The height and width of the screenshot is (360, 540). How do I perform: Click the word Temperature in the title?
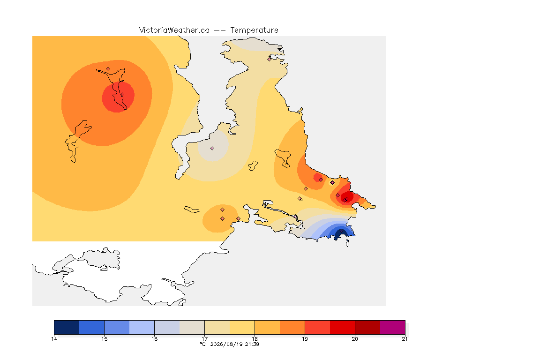pyautogui.click(x=254, y=30)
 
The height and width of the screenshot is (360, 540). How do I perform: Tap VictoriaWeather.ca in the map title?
pyautogui.click(x=174, y=30)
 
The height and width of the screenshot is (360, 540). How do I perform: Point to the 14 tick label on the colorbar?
pyautogui.click(x=54, y=339)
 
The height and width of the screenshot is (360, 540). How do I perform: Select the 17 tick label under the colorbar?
pyautogui.click(x=204, y=339)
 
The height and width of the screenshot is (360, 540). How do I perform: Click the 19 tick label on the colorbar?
pyautogui.click(x=305, y=339)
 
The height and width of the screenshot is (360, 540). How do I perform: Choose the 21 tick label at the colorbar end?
pyautogui.click(x=405, y=339)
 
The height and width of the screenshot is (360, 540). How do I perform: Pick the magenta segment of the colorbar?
pyautogui.click(x=393, y=327)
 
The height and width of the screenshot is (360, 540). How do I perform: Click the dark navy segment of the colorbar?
pyautogui.click(x=67, y=327)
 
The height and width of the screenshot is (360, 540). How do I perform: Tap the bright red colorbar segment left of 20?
pyautogui.click(x=342, y=327)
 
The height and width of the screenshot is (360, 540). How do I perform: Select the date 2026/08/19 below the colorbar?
pyautogui.click(x=226, y=344)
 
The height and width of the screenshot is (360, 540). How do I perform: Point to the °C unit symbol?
pyautogui.click(x=203, y=344)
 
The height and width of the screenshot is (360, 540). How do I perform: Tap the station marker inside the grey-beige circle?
pyautogui.click(x=212, y=149)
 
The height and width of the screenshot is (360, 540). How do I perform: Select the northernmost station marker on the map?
pyautogui.click(x=270, y=59)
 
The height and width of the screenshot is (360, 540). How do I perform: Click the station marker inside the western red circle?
pyautogui.click(x=122, y=95)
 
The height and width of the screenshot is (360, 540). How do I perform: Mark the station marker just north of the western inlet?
pyautogui.click(x=108, y=69)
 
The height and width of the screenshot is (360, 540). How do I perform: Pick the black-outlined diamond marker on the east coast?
pyautogui.click(x=332, y=183)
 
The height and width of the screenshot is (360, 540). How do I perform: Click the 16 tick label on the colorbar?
pyautogui.click(x=154, y=339)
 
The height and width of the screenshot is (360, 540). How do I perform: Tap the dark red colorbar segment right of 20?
pyautogui.click(x=367, y=327)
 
